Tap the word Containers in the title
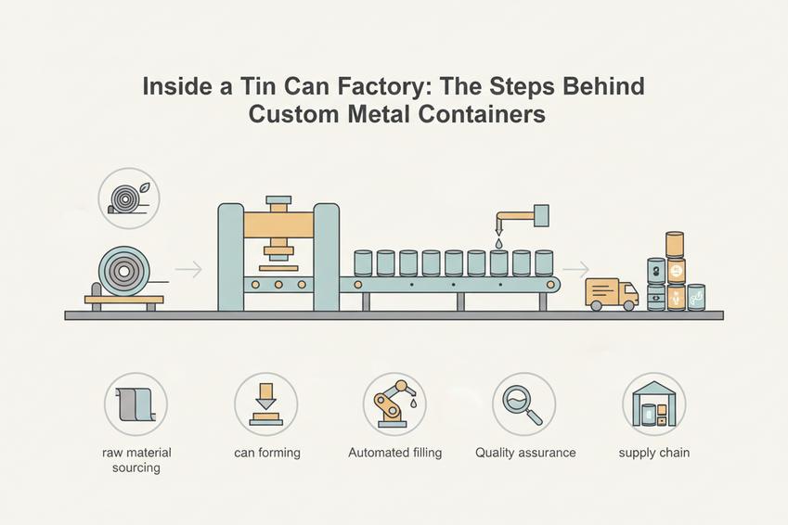(482, 114)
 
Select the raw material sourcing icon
(136, 403)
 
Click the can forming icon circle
(265, 403)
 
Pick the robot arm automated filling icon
(395, 403)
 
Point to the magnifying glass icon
(524, 403)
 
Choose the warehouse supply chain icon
(653, 403)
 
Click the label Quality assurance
(525, 453)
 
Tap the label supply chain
(653, 454)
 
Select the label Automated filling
(395, 453)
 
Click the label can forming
(267, 454)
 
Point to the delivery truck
(612, 294)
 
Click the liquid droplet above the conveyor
(498, 243)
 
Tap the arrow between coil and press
(189, 270)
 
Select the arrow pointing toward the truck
(576, 270)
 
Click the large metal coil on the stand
(124, 271)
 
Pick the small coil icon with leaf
(129, 198)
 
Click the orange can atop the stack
(675, 245)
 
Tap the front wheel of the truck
(628, 305)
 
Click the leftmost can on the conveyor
(363, 263)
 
